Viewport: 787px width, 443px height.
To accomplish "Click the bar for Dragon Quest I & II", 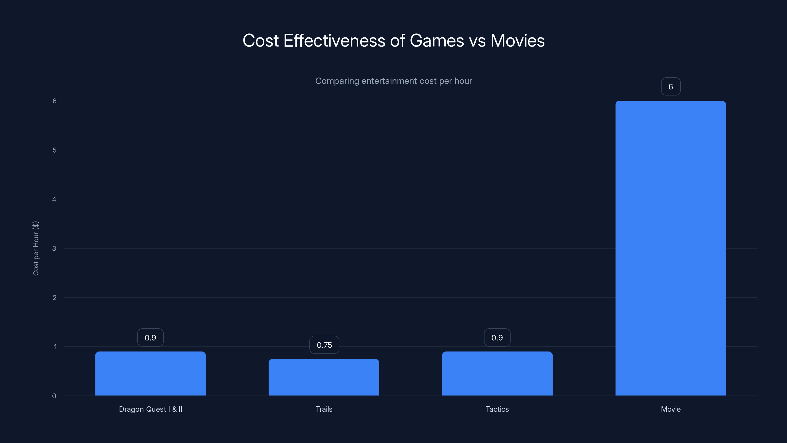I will tap(150, 373).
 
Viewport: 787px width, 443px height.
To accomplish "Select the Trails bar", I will tap(324, 377).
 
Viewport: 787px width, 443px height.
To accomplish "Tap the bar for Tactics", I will tap(497, 373).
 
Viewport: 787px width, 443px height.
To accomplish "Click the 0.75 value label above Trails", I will tap(324, 345).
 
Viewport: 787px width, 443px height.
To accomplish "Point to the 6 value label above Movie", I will tap(671, 87).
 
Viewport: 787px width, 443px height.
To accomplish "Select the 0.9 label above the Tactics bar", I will tap(497, 337).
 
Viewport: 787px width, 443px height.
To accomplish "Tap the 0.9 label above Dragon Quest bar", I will tap(150, 337).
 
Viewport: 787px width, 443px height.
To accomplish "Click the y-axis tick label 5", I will tap(54, 150).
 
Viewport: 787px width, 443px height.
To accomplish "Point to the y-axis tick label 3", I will tap(54, 249).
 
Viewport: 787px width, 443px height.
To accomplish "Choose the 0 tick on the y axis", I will tap(54, 396).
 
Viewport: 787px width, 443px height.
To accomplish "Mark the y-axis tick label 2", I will tap(54, 298).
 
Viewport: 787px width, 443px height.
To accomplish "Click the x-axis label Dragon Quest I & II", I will tap(150, 409).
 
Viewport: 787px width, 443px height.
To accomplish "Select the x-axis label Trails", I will tap(324, 409).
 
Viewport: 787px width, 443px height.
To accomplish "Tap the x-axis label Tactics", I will tap(497, 409).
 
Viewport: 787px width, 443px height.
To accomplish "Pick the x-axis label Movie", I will tap(671, 409).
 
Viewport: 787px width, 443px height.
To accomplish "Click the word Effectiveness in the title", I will tap(334, 41).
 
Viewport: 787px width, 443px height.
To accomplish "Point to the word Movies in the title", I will tap(517, 41).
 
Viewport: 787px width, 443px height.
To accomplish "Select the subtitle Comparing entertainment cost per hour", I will tap(393, 81).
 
